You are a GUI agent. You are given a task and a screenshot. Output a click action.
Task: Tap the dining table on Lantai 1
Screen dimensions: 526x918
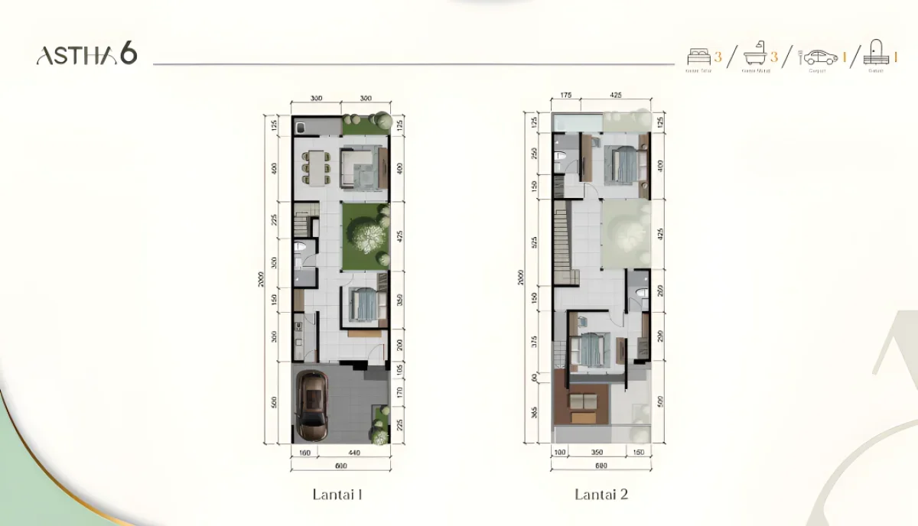tap(315, 166)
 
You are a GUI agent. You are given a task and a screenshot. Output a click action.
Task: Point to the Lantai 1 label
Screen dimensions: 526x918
tap(337, 494)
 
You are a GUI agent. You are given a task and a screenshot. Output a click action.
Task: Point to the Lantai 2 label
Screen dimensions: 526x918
tap(601, 494)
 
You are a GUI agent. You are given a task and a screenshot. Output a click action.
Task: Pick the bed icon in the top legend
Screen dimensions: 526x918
tap(698, 57)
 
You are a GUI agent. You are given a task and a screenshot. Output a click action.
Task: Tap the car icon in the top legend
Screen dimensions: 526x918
tap(820, 57)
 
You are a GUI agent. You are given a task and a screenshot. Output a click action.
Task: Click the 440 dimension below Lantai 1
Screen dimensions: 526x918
tap(353, 453)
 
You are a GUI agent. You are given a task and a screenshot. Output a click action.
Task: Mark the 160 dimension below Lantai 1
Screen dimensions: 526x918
tap(304, 453)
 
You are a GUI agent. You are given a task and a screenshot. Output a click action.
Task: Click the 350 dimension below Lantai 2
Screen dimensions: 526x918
tap(597, 453)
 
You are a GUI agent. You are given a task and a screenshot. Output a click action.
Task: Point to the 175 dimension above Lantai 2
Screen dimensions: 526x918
tap(566, 96)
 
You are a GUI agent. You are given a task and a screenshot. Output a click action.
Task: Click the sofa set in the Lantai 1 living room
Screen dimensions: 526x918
tap(361, 167)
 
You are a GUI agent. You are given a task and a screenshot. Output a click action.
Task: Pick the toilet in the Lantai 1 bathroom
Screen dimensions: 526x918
tap(301, 248)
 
